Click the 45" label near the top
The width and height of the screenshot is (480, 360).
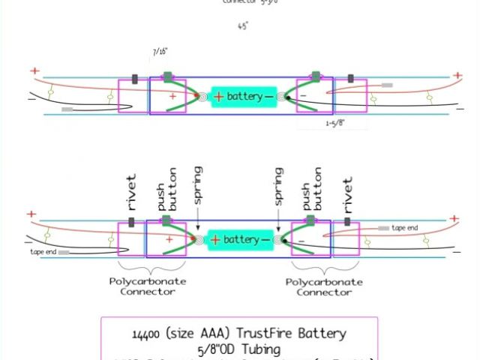point(242,25)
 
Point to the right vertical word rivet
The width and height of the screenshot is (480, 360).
point(347,196)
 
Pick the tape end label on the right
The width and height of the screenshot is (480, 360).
point(406,227)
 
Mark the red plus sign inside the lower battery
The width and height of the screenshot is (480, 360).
point(215,240)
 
